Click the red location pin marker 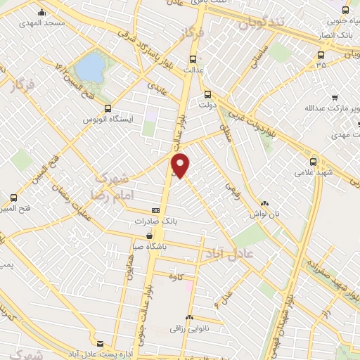click(x=181, y=165)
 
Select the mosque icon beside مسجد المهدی click(x=41, y=12)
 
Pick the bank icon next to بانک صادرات click(x=155, y=210)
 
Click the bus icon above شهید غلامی click(x=313, y=161)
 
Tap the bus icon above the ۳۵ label click(x=321, y=54)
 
